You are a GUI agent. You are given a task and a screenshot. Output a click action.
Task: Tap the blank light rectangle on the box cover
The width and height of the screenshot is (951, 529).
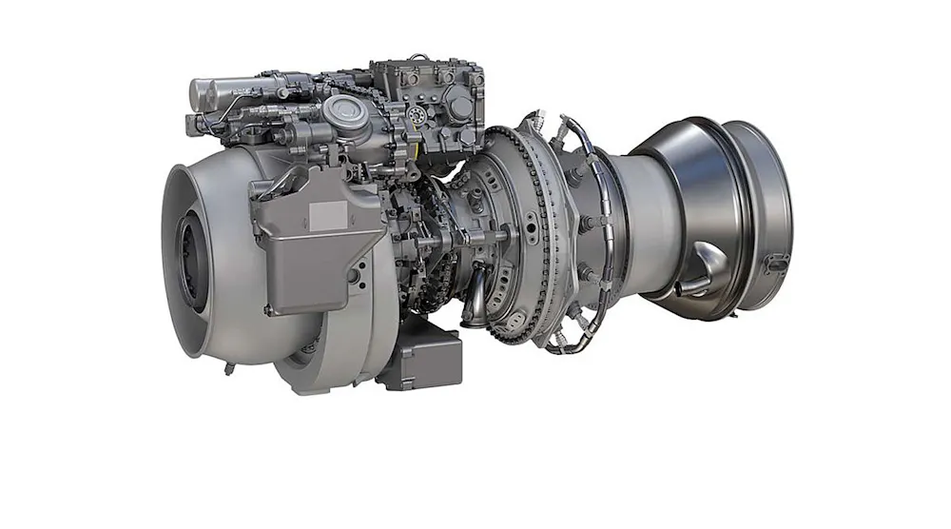(329, 214)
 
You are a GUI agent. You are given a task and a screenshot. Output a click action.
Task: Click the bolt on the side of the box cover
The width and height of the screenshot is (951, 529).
(354, 276)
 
